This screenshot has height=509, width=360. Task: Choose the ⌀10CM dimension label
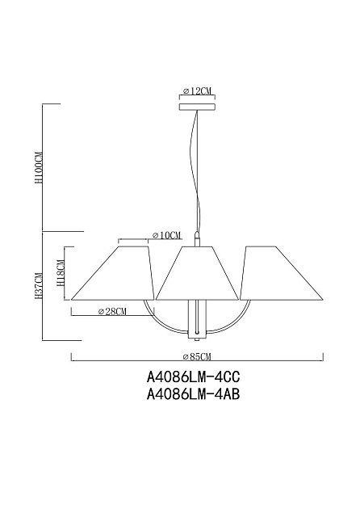pos(166,235)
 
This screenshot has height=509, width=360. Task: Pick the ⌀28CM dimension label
pos(112,312)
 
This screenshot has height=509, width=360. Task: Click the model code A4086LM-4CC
pos(194,376)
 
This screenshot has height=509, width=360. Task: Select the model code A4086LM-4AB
pos(194,394)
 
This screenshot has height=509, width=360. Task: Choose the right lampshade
pos(280,273)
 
